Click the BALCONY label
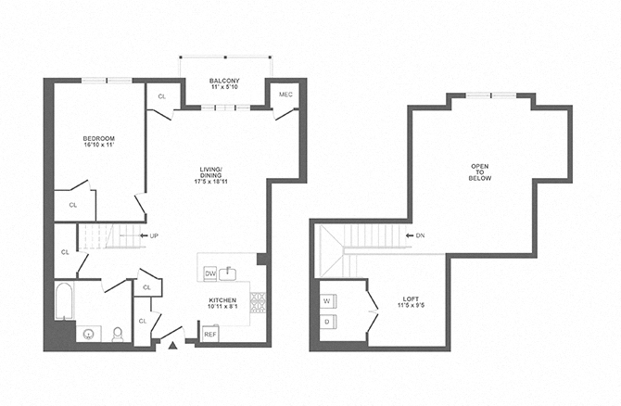point(224,82)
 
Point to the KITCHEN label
point(222,300)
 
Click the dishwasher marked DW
point(209,273)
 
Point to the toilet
point(118,334)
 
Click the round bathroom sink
point(89,333)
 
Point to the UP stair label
point(151,235)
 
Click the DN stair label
point(419,235)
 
